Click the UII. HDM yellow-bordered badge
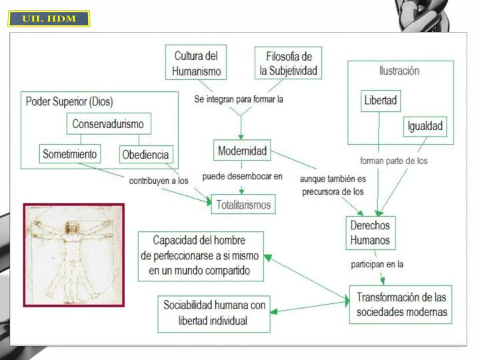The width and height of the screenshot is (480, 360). [x=49, y=19]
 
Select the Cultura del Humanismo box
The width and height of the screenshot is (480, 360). [x=196, y=63]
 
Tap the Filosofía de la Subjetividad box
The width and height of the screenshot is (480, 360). [x=289, y=63]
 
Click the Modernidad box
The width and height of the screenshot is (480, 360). [x=242, y=150]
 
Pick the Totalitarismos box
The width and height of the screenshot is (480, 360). [x=243, y=204]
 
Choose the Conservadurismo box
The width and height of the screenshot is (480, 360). [x=109, y=124]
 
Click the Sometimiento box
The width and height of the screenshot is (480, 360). [x=70, y=154]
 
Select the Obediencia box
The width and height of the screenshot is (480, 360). [x=146, y=154]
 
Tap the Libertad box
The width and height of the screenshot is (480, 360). [x=381, y=101]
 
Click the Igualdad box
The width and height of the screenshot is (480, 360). [x=425, y=126]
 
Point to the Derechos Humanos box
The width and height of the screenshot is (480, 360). [x=371, y=233]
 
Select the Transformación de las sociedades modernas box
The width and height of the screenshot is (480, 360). [x=401, y=305]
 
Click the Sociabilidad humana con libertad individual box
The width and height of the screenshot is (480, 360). [x=214, y=314]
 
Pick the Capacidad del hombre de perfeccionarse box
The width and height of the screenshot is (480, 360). [x=201, y=256]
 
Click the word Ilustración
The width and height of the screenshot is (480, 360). [x=399, y=71]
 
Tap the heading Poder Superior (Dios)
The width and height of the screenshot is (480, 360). [x=69, y=101]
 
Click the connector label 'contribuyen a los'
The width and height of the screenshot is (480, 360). [x=159, y=181]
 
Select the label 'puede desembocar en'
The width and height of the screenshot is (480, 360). [x=242, y=176]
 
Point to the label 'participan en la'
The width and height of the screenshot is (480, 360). [x=377, y=264]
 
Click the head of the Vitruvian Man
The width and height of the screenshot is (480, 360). [x=71, y=227]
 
